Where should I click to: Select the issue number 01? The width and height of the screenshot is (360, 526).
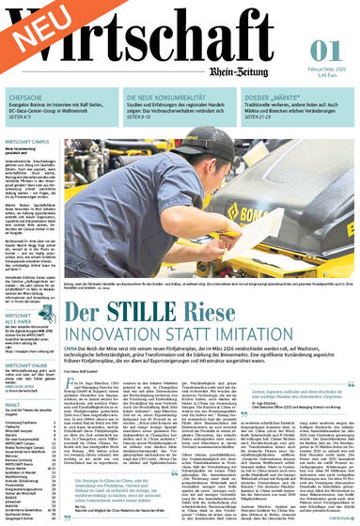tap(323, 49)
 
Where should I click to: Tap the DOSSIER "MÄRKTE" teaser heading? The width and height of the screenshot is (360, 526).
tap(301, 97)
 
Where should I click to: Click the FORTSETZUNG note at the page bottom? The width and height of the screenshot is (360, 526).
tap(336, 515)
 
